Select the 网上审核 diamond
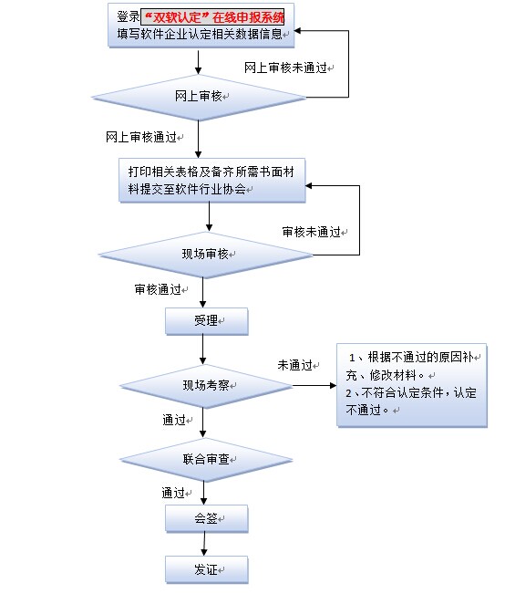point(199,97)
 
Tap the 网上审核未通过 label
point(286,68)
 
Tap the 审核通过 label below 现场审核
point(158,289)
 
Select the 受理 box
point(206,321)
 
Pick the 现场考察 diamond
point(209,385)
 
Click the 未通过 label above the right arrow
point(294,365)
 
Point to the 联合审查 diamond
point(209,456)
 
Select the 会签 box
point(206,519)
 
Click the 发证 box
point(206,569)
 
